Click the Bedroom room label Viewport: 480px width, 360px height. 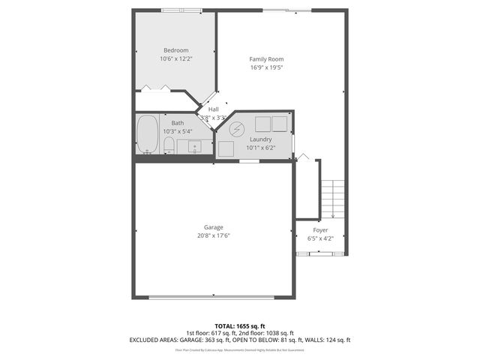pyautogui.click(x=175, y=50)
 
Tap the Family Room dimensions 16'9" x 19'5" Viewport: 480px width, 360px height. pyautogui.click(x=266, y=67)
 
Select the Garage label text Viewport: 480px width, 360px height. pyautogui.click(x=214, y=227)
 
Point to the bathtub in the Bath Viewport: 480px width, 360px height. pyautogui.click(x=148, y=135)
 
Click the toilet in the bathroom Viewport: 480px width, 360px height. pyautogui.click(x=169, y=144)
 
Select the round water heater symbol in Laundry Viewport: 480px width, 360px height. pyautogui.click(x=236, y=128)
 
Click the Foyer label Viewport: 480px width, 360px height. pyautogui.click(x=320, y=230)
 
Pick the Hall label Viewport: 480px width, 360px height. pyautogui.click(x=214, y=109)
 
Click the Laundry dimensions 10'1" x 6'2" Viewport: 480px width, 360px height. pyautogui.click(x=261, y=148)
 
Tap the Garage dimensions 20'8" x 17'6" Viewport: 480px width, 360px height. pyautogui.click(x=214, y=235)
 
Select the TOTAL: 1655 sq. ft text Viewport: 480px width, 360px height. pyautogui.click(x=239, y=326)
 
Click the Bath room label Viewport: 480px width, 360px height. pyautogui.click(x=177, y=123)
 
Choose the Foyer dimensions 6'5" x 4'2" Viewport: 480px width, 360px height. pyautogui.click(x=320, y=238)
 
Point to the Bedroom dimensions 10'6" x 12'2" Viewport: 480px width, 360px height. pyautogui.click(x=175, y=58)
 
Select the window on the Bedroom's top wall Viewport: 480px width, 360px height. pyautogui.click(x=181, y=10)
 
